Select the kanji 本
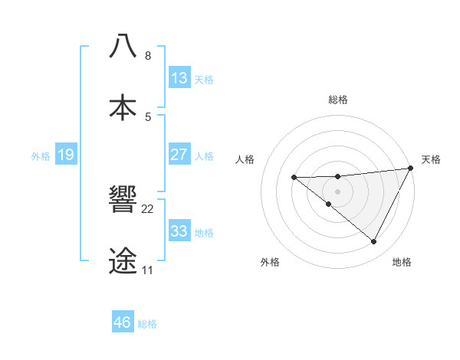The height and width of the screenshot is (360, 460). tap(123, 107)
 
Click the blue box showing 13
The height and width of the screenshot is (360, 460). tap(179, 78)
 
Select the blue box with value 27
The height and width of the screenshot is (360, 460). tap(179, 155)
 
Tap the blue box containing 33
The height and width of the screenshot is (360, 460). tap(179, 231)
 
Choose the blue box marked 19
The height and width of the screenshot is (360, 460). tap(66, 155)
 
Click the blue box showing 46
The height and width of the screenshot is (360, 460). tap(123, 322)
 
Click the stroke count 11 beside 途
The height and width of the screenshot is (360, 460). tap(147, 270)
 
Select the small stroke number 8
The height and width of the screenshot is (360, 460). tap(148, 56)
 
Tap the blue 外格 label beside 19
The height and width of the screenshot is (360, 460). tap(41, 155)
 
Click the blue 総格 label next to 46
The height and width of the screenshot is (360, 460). tap(147, 323)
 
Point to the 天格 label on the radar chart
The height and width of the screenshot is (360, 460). tap(431, 159)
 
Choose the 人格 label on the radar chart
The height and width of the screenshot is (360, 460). tap(245, 159)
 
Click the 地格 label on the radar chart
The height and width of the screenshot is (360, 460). tap(402, 262)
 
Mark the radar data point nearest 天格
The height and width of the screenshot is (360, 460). tap(411, 168)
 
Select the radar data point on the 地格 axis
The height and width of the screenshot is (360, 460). tap(374, 242)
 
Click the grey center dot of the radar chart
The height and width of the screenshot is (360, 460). tap(337, 190)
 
